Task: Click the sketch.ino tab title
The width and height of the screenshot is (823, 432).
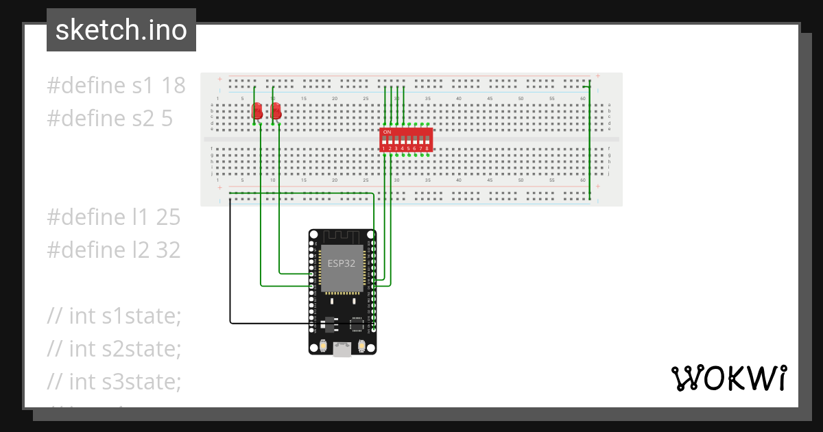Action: [x=121, y=30]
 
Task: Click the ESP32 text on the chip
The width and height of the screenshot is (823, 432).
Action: [x=342, y=263]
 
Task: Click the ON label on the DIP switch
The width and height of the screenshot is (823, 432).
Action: [x=387, y=131]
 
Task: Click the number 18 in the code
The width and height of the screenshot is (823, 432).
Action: [x=173, y=86]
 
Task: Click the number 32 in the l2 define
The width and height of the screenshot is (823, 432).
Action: [x=167, y=250]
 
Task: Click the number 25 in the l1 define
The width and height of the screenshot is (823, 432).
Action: [x=167, y=217]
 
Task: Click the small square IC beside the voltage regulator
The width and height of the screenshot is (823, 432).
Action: [x=357, y=324]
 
